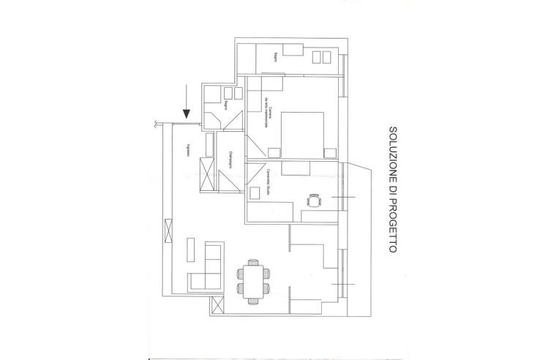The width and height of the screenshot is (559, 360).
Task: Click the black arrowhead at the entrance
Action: pos(187,113)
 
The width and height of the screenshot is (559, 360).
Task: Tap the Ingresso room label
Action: pos(190,147)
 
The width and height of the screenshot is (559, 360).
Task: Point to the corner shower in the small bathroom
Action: pos(213,119)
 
